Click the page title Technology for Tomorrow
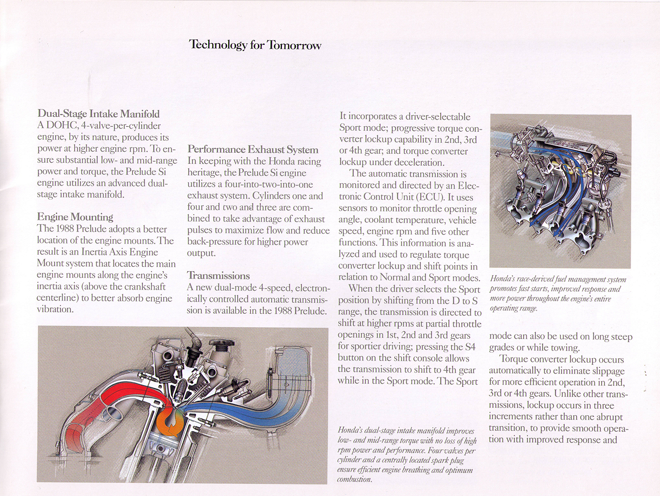pyautogui.click(x=255, y=45)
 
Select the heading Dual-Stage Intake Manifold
pyautogui.click(x=98, y=113)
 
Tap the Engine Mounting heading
pyautogui.click(x=75, y=216)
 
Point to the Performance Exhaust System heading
pyautogui.click(x=253, y=149)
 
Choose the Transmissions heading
pyautogui.click(x=218, y=275)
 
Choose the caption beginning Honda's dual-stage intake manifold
pyautogui.click(x=407, y=454)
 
